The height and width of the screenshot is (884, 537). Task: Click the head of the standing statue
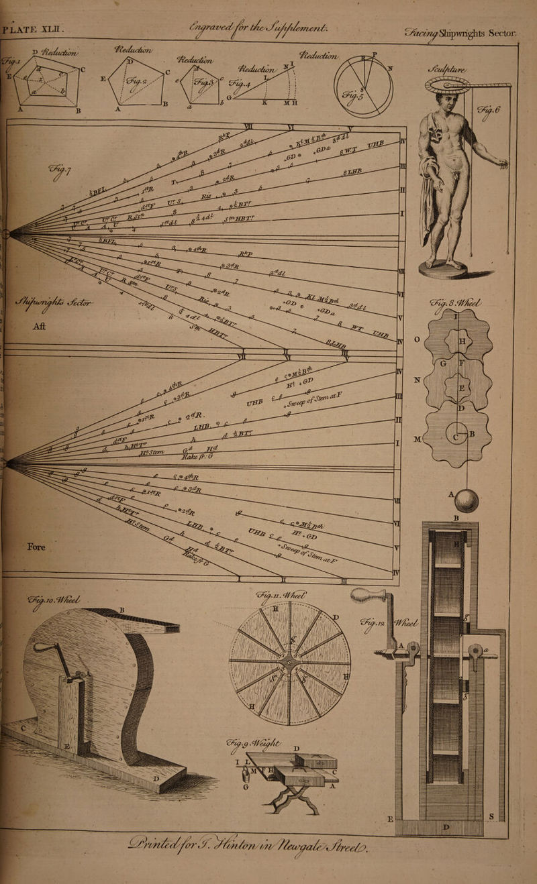coord(445,101)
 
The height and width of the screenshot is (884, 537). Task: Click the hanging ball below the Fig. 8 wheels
coord(466,500)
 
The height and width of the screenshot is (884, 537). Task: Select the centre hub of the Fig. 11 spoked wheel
coord(289,662)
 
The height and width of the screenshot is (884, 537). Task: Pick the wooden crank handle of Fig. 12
coord(369,595)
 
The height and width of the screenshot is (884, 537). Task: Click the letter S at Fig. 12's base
coord(492,816)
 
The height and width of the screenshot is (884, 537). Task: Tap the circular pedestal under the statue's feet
coord(444,270)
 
